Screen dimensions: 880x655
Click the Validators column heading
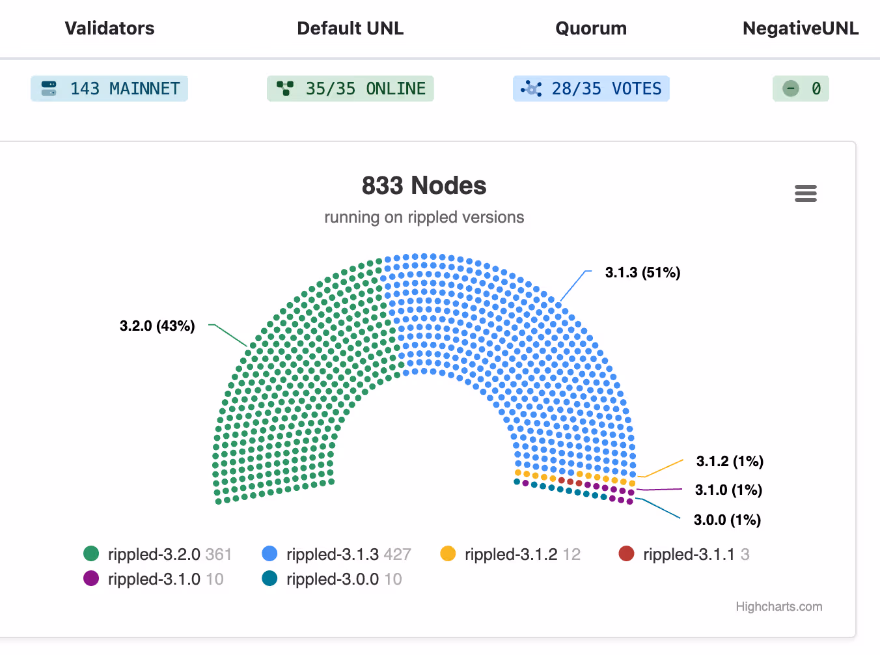tap(109, 28)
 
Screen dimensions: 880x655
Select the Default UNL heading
tap(350, 28)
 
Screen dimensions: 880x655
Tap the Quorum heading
tap(591, 28)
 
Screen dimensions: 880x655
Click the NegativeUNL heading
tap(801, 28)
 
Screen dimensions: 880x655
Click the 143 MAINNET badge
tap(109, 89)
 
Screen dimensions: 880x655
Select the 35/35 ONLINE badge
tap(350, 89)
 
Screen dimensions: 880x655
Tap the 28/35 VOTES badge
tap(591, 89)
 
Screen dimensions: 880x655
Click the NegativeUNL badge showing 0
tap(801, 89)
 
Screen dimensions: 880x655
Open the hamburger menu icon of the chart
tap(806, 193)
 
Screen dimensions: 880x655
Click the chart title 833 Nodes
tap(424, 186)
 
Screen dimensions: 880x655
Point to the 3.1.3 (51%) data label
tap(642, 272)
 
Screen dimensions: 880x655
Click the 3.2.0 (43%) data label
tap(158, 326)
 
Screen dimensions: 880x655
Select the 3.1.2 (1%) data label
tap(730, 461)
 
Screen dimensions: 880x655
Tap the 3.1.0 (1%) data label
tap(729, 490)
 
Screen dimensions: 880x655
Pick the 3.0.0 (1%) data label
tap(728, 520)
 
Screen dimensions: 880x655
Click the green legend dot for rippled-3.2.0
tap(91, 553)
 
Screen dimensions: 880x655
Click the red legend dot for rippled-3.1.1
tap(626, 553)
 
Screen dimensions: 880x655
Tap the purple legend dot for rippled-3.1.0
tap(91, 578)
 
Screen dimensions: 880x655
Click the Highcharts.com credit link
tap(779, 607)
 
